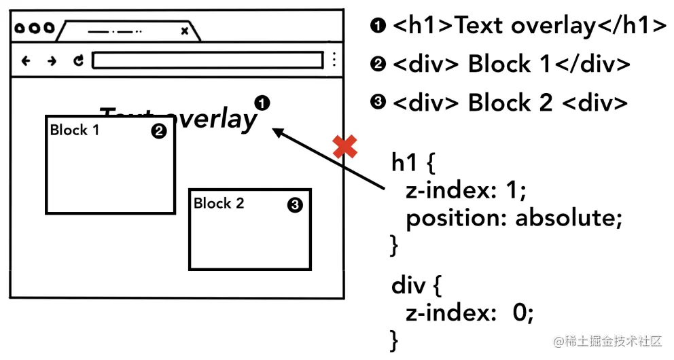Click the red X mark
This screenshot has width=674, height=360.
[345, 147]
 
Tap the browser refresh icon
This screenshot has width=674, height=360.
[79, 60]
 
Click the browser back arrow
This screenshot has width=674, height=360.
[26, 60]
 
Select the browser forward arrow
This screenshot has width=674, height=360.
[52, 60]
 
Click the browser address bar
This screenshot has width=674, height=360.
[207, 60]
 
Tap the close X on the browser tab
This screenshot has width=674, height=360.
[184, 31]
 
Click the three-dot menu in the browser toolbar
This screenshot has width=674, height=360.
[334, 60]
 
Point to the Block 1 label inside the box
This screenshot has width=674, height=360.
[75, 130]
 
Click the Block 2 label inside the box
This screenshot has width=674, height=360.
[219, 203]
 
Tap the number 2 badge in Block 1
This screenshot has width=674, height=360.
[158, 132]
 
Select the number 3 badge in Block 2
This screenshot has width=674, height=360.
[295, 205]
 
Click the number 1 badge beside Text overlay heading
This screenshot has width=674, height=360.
[262, 103]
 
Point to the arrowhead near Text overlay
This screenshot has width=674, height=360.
[277, 132]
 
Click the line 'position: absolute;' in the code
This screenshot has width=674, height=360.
[514, 219]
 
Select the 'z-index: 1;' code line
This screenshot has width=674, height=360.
[466, 191]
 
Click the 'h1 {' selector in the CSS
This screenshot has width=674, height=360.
[413, 164]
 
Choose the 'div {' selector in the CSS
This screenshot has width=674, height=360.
[416, 285]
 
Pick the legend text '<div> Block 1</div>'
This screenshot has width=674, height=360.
[511, 65]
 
